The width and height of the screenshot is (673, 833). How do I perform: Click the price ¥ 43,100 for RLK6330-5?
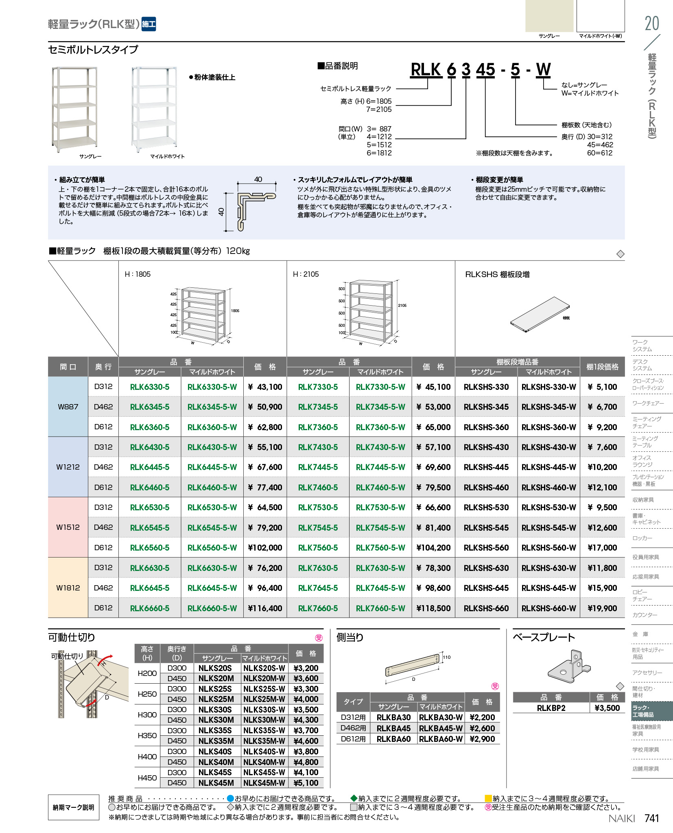[265, 387]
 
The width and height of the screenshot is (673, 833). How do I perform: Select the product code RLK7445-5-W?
[380, 467]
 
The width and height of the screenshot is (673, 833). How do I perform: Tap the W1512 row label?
[68, 527]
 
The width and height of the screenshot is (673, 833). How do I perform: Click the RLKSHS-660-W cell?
[548, 608]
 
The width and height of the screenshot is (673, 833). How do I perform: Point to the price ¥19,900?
[602, 608]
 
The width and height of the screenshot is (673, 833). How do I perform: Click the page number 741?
[651, 818]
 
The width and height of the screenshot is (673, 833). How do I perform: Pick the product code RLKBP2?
[551, 708]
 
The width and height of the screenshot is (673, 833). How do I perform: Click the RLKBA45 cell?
[393, 728]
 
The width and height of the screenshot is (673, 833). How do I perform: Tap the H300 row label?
[147, 715]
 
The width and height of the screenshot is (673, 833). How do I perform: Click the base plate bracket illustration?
[569, 667]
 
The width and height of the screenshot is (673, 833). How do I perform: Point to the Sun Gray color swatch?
[549, 16]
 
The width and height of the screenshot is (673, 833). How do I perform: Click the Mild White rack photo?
[154, 109]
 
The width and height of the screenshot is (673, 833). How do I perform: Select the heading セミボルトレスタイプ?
[93, 50]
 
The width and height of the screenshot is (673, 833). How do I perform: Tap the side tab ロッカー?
[642, 538]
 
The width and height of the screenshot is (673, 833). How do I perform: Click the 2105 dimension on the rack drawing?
[402, 305]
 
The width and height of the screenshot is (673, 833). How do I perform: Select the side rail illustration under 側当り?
[413, 665]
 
